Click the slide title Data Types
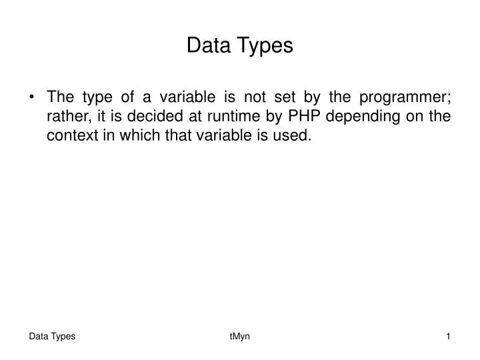(x=239, y=45)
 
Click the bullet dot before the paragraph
(x=33, y=97)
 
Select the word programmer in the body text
(x=405, y=98)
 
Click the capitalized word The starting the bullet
(x=61, y=98)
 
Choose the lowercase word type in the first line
(x=100, y=98)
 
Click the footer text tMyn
(x=239, y=337)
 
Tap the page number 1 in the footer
(x=449, y=337)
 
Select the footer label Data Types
(x=52, y=337)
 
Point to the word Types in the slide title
(x=267, y=45)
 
